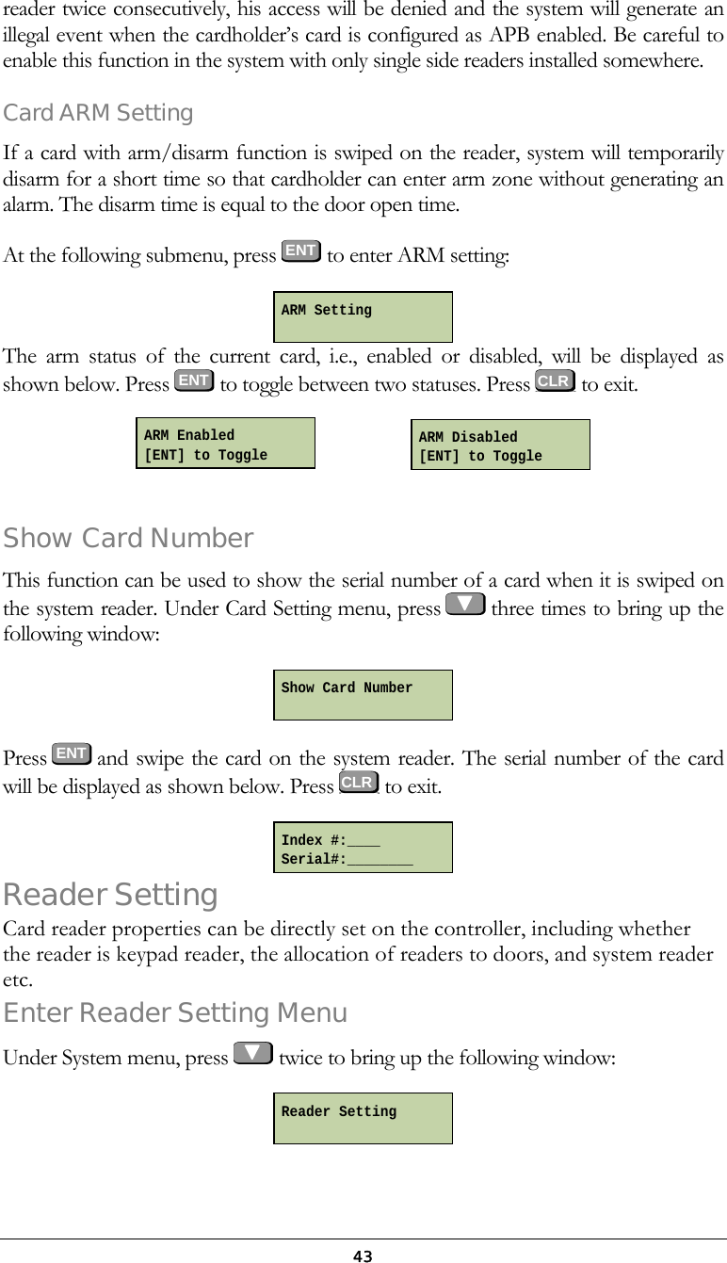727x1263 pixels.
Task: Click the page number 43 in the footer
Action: (363, 1255)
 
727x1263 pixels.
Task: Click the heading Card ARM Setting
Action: (99, 113)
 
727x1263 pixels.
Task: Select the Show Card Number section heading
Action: (128, 539)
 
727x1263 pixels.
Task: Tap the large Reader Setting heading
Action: (111, 894)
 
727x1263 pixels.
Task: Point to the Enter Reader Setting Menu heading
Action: (175, 1013)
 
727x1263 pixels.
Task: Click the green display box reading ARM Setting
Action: (363, 317)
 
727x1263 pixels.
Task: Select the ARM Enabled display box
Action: (226, 444)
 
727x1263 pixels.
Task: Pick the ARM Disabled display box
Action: (500, 445)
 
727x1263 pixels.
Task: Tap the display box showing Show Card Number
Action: (363, 695)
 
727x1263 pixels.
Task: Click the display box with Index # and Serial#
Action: (363, 848)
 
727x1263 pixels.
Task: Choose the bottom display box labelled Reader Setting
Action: (363, 1118)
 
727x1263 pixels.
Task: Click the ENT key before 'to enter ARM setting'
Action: (300, 251)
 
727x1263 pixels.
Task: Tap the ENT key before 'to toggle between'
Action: (194, 381)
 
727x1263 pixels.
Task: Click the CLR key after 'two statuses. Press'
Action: (554, 381)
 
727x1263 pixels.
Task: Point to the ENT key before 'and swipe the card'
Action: (72, 753)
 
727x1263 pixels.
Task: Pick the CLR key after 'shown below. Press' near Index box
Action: (359, 782)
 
